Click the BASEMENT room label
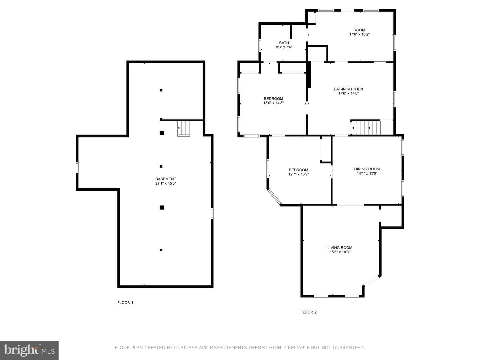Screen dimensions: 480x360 (x=166, y=179)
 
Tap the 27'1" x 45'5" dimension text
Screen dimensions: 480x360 (x=166, y=183)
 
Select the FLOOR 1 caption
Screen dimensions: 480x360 (x=125, y=303)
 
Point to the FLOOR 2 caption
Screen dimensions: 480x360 (x=308, y=312)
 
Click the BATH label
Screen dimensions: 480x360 (x=284, y=43)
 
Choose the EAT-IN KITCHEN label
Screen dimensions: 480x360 (x=348, y=89)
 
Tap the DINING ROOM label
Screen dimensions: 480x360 (x=367, y=169)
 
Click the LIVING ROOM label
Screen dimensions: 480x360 (x=340, y=248)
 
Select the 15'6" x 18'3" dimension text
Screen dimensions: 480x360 (x=340, y=252)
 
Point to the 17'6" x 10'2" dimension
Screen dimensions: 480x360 (x=359, y=34)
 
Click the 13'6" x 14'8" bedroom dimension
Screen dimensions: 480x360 (x=273, y=103)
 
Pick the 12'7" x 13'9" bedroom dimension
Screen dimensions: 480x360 (x=298, y=174)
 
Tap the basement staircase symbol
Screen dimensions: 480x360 (x=183, y=129)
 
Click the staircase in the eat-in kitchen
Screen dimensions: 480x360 (x=368, y=128)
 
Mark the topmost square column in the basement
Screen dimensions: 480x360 (x=161, y=90)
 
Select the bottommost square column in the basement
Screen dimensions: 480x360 (x=161, y=250)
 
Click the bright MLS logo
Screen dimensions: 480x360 (x=29, y=350)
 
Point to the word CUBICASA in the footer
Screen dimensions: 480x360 (x=185, y=347)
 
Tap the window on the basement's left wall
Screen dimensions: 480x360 (x=77, y=168)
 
